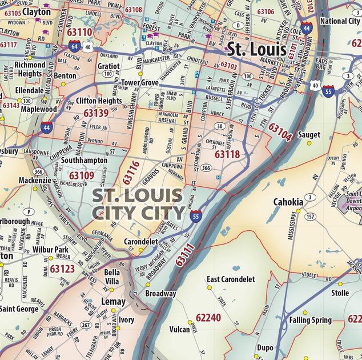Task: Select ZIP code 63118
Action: point(227,154)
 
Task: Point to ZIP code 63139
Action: point(96,113)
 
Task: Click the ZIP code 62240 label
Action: point(208,317)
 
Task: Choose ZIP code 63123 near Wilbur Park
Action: point(62,268)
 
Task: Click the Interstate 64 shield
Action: point(74,46)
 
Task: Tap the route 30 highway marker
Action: point(219,126)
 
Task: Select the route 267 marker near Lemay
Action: point(86,325)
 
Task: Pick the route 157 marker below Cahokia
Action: point(310,217)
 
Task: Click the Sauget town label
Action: point(308,135)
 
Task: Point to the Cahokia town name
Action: point(288,202)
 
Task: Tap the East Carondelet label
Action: point(231,279)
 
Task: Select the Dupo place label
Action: point(265,347)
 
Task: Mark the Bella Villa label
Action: point(111,277)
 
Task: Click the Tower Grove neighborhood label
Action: point(140,83)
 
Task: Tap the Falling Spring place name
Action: point(310,320)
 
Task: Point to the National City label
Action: point(340,21)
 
